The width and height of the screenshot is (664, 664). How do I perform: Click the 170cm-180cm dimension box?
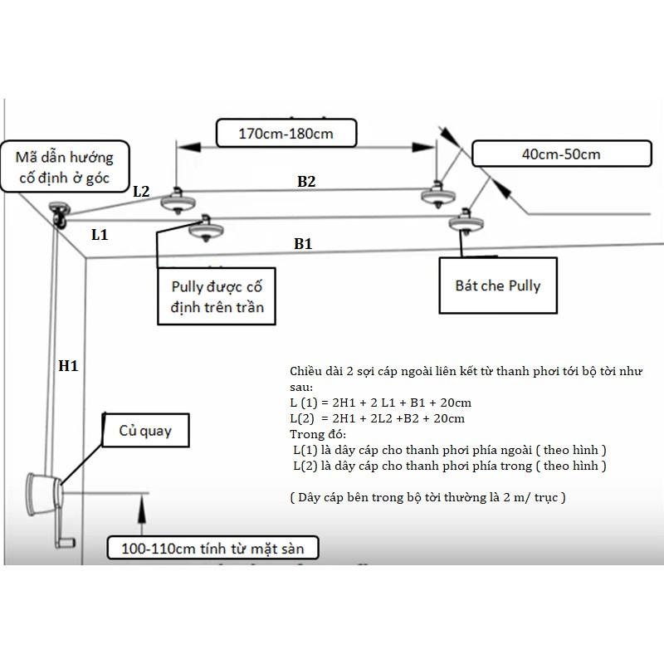point(286,132)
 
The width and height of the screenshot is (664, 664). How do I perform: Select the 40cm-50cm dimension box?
point(560,154)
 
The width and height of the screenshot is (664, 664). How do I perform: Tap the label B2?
point(306,181)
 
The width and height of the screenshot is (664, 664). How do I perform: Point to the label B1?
point(303,244)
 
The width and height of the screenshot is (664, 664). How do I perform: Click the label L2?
point(141,191)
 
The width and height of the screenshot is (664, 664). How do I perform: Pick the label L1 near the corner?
point(100,235)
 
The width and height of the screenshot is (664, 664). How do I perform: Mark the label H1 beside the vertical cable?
point(68,364)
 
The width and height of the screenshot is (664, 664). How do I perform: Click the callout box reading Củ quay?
point(144,432)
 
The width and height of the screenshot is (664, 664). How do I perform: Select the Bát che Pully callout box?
point(498,286)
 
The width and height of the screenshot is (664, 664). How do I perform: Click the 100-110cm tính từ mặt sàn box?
point(212,549)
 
